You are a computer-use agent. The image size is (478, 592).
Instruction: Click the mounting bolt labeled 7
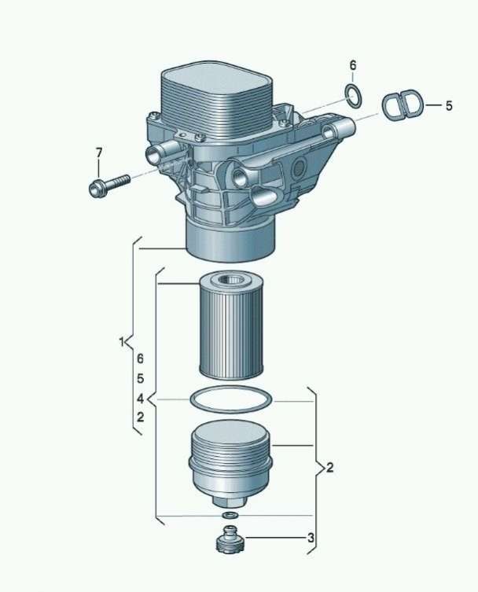click(109, 185)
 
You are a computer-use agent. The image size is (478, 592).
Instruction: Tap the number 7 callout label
click(98, 153)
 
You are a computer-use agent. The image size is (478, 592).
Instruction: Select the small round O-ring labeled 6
click(354, 95)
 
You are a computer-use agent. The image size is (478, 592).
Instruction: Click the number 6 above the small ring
click(353, 65)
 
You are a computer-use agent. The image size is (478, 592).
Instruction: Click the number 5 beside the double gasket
click(449, 105)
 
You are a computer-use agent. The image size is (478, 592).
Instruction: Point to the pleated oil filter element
click(230, 325)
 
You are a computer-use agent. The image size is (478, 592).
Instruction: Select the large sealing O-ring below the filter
click(231, 399)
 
